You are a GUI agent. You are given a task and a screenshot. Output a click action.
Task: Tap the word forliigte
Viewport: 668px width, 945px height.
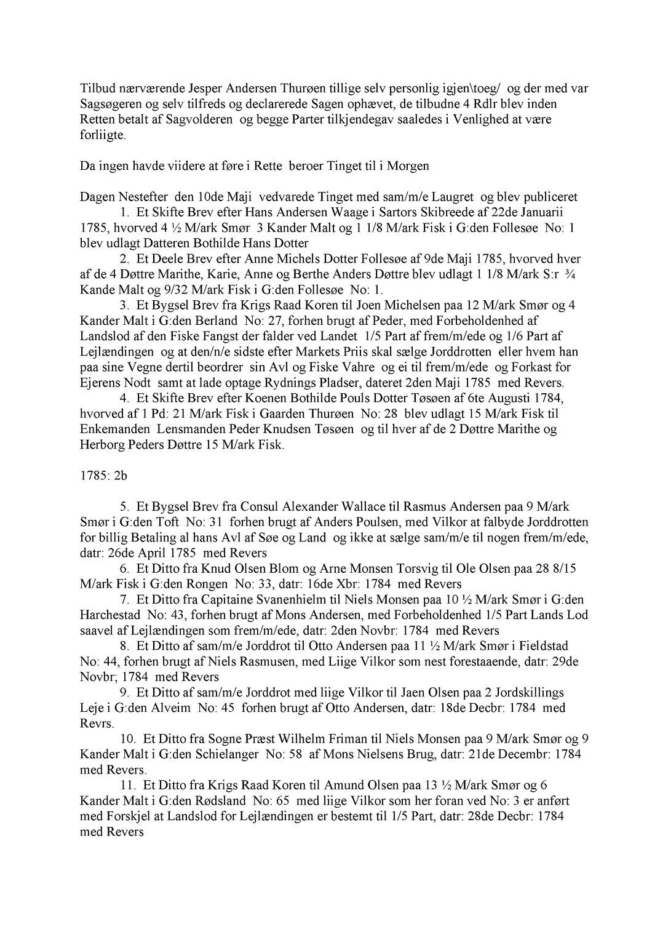point(103,135)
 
